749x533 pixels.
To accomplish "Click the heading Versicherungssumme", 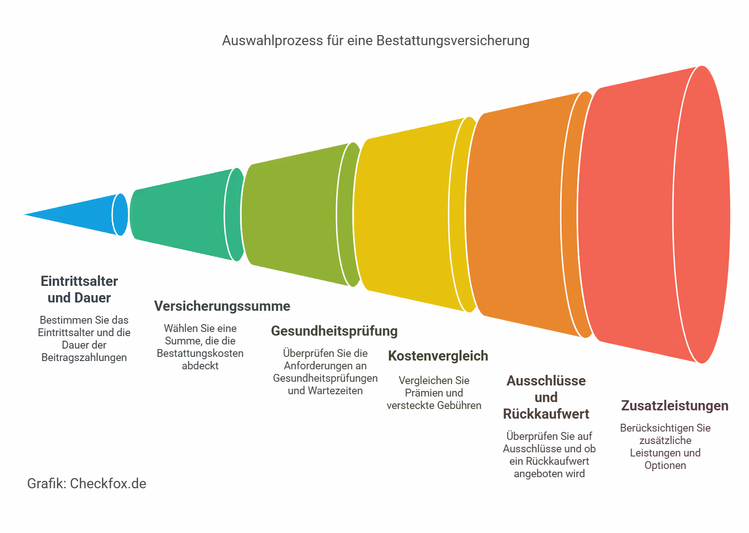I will pos(222,306).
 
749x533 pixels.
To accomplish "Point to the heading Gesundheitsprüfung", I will pos(334,331).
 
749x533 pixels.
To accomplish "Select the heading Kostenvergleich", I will pos(438,356).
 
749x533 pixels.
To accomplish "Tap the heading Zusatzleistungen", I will pos(675,406).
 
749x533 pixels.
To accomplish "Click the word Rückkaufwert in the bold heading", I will pos(546,414).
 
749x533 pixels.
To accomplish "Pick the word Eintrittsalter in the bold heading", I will pos(79,281).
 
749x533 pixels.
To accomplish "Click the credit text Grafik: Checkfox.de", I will pos(87,484).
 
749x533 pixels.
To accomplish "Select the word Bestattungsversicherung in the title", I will pos(453,41).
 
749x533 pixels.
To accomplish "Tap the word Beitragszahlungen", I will pos(84,357).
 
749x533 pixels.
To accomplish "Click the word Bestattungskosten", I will pos(200,353).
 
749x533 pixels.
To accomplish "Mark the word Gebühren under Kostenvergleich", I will pos(459,405).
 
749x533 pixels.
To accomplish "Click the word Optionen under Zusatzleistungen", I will pos(665,465).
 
